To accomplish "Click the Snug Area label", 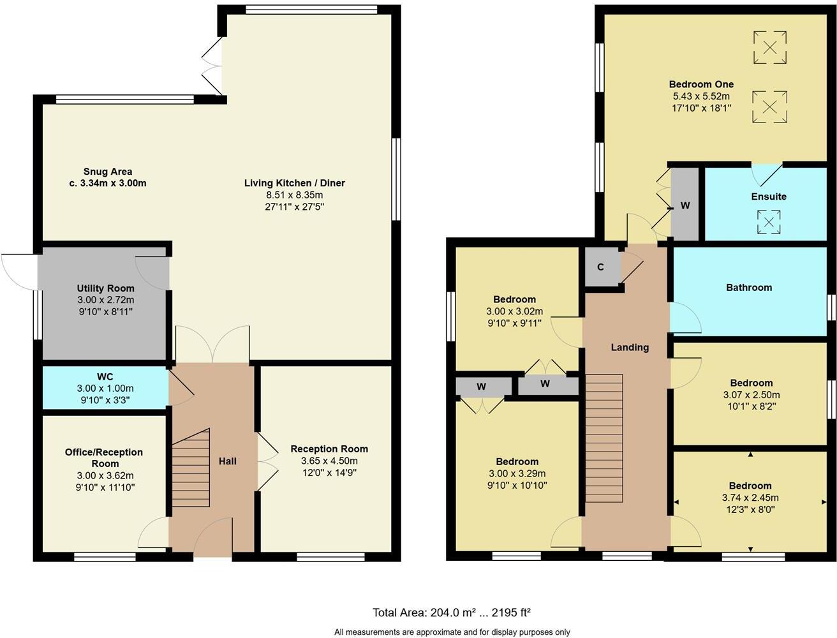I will pyautogui.click(x=108, y=172).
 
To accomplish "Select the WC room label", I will pyautogui.click(x=105, y=377).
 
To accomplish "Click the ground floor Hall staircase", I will pyautogui.click(x=191, y=468).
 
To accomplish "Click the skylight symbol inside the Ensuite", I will pyautogui.click(x=769, y=223).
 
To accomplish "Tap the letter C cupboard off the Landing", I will pyautogui.click(x=600, y=267).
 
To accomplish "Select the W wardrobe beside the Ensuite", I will pyautogui.click(x=685, y=205).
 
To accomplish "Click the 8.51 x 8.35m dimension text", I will pyautogui.click(x=295, y=195).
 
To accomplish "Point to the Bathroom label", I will pyautogui.click(x=749, y=288).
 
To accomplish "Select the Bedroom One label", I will pyautogui.click(x=701, y=84).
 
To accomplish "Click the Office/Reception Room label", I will pyautogui.click(x=104, y=457).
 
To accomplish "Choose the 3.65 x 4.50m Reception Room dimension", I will pyautogui.click(x=329, y=461).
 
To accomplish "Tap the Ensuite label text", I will pyautogui.click(x=769, y=197).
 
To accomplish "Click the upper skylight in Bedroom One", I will pyautogui.click(x=770, y=48).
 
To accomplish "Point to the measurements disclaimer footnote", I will pyautogui.click(x=452, y=632).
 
